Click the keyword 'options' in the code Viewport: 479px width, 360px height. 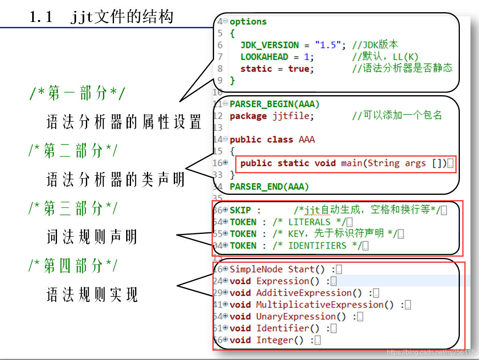coord(248,22)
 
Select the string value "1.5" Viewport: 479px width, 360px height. coord(328,45)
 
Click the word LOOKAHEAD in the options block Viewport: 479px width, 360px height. coord(264,57)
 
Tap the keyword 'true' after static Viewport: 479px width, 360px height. coord(299,69)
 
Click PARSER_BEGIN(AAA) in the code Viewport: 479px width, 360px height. coord(275,104)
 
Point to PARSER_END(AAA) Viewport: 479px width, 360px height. coord(269,187)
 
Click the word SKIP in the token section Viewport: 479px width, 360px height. coord(240,210)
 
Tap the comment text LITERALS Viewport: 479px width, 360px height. coord(309,222)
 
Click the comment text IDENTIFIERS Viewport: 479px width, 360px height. coord(317,246)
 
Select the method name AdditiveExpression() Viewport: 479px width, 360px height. coord(309,293)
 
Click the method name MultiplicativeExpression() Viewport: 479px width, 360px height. coord(325,305)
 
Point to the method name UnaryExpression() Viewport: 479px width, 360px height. coord(301,316)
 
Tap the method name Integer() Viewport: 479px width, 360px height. coord(280,340)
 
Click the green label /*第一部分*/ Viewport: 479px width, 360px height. coord(77,93)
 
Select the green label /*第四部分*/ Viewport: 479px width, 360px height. coord(73,265)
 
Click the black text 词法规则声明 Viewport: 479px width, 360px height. coord(92,237)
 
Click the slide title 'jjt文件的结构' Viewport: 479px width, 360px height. coord(122,16)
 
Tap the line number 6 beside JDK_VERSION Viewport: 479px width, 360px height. coord(220,45)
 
